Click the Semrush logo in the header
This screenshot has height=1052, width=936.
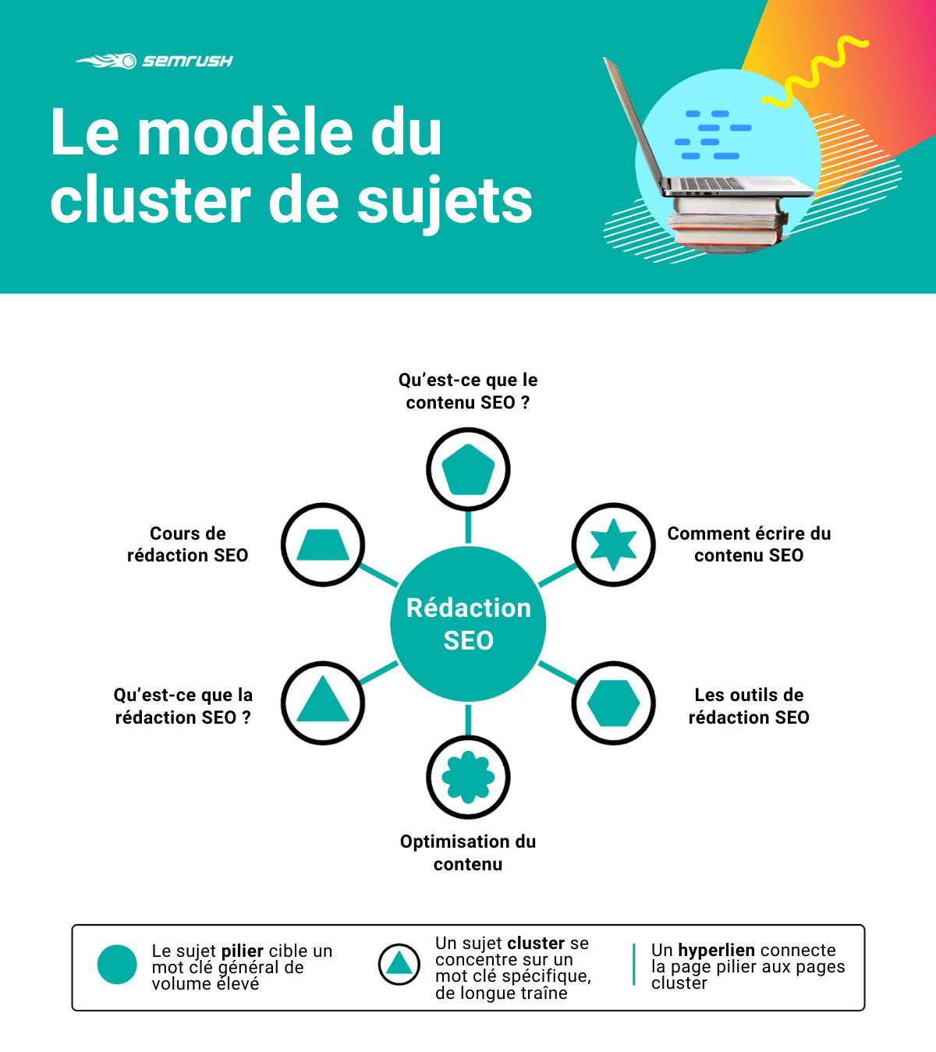click(x=154, y=61)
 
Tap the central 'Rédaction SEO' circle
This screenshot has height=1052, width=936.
click(x=468, y=624)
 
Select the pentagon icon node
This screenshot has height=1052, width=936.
click(x=468, y=469)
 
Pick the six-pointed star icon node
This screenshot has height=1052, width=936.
click(x=613, y=544)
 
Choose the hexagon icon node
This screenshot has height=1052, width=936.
click(x=613, y=703)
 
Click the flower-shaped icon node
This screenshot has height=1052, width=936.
click(x=468, y=777)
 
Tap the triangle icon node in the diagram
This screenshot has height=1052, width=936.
click(x=323, y=703)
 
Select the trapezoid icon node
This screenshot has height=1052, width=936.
click(x=323, y=544)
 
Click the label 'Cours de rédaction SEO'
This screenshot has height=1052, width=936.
click(x=187, y=544)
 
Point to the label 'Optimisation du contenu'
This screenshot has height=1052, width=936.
click(x=468, y=852)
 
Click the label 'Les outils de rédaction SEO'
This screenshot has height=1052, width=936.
click(x=749, y=706)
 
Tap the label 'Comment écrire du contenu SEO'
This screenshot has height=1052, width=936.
click(x=749, y=544)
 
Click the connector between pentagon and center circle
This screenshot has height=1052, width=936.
click(x=468, y=527)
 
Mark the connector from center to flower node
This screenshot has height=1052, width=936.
click(x=468, y=720)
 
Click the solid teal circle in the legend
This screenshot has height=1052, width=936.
click(x=117, y=964)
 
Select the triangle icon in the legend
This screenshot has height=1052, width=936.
click(x=399, y=964)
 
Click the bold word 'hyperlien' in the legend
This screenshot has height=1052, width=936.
click(x=716, y=950)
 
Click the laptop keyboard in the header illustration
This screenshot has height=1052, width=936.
click(x=712, y=183)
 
